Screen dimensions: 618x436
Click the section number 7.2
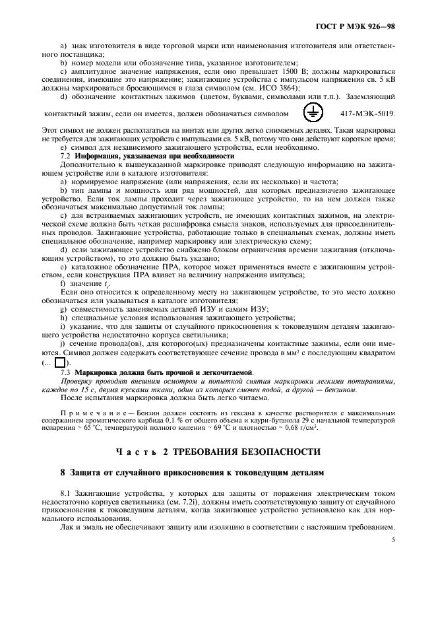[65, 156]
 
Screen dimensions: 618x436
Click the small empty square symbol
[60, 362]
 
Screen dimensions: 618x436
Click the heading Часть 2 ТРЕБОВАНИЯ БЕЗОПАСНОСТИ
[218, 452]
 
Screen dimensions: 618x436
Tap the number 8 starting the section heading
[62, 473]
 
